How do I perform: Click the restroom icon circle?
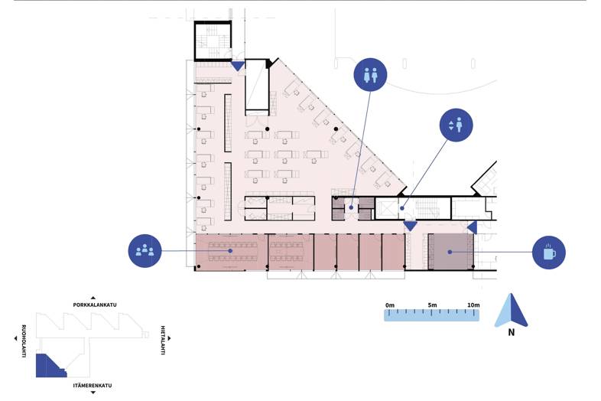point(370,75)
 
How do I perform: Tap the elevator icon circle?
point(456,125)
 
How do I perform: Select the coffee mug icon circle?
point(549,253)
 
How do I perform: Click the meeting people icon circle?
point(145,251)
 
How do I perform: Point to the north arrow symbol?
point(511,310)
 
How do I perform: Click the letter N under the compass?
point(512,332)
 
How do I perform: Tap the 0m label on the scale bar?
point(390,305)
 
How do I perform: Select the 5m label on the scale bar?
point(432,305)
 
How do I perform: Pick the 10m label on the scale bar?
point(473,305)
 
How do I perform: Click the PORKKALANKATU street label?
point(95,305)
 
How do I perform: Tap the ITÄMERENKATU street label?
point(93,385)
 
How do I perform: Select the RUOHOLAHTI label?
point(24,341)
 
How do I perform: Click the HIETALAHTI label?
point(163,341)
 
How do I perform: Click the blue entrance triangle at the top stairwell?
point(238,67)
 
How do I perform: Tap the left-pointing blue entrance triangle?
point(473,227)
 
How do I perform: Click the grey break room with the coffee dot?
point(450,252)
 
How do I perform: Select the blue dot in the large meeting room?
point(230,250)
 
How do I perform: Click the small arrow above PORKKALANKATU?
point(93,298)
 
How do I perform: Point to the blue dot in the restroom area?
point(351,208)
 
